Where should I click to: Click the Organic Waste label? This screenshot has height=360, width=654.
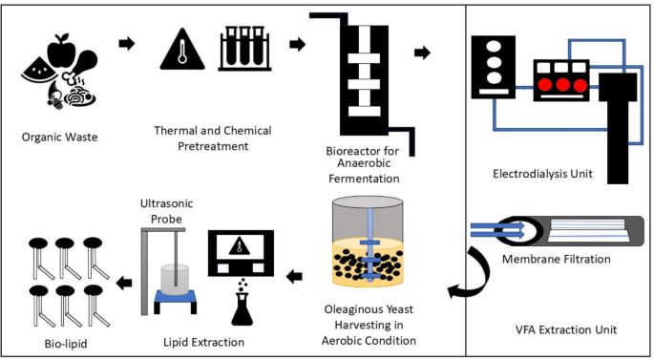pos(59,136)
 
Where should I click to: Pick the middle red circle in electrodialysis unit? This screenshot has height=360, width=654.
pos(555,84)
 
